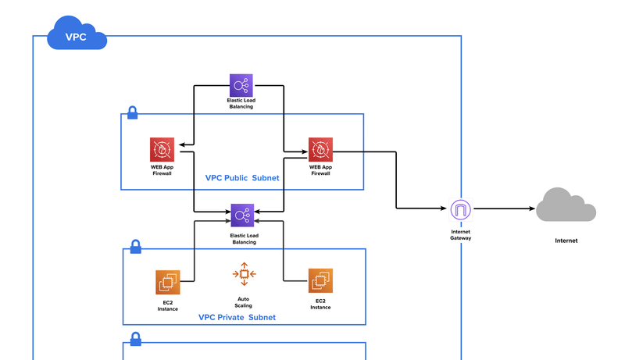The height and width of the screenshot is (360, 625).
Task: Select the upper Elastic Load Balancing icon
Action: click(241, 85)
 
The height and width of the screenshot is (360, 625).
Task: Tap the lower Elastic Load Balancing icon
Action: click(242, 214)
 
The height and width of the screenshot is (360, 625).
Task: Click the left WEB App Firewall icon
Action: click(162, 149)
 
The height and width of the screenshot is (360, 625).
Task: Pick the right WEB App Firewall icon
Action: click(320, 149)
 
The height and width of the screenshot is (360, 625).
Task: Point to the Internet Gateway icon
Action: click(461, 209)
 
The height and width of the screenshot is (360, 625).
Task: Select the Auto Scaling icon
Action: click(244, 274)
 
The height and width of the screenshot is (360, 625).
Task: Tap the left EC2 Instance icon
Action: click(168, 282)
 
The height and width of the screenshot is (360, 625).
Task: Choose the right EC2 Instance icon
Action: click(320, 281)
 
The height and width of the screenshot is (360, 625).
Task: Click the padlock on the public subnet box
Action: click(133, 112)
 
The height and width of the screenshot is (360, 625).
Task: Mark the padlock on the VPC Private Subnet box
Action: click(135, 247)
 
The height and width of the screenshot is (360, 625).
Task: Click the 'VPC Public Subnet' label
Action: click(241, 178)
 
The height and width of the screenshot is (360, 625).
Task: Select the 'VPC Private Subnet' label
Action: click(237, 317)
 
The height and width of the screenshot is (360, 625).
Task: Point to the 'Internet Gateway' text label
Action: click(461, 234)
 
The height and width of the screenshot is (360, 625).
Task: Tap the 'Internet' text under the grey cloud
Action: click(566, 241)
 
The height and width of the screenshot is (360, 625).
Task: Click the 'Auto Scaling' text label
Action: click(244, 302)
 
